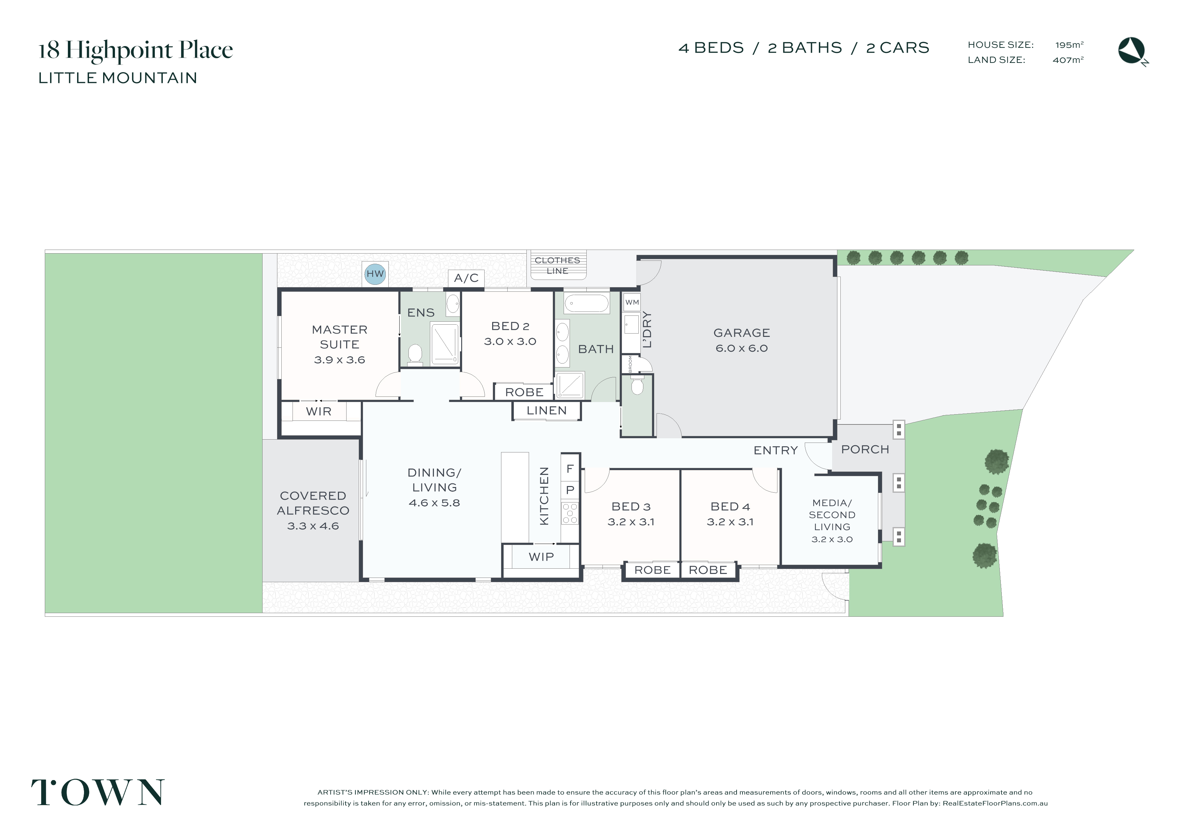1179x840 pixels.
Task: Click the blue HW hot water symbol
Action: click(x=375, y=274)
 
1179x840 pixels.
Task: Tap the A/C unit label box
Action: click(x=466, y=278)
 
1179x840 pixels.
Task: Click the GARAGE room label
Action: click(x=741, y=333)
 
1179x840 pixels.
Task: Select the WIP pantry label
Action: click(x=541, y=557)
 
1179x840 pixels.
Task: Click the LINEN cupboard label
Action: click(x=546, y=411)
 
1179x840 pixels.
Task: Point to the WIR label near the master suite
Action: click(x=319, y=412)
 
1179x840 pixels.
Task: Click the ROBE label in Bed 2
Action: click(x=524, y=393)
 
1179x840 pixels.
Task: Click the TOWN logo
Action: click(x=98, y=792)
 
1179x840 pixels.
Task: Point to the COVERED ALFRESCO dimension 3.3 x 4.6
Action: click(x=313, y=527)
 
